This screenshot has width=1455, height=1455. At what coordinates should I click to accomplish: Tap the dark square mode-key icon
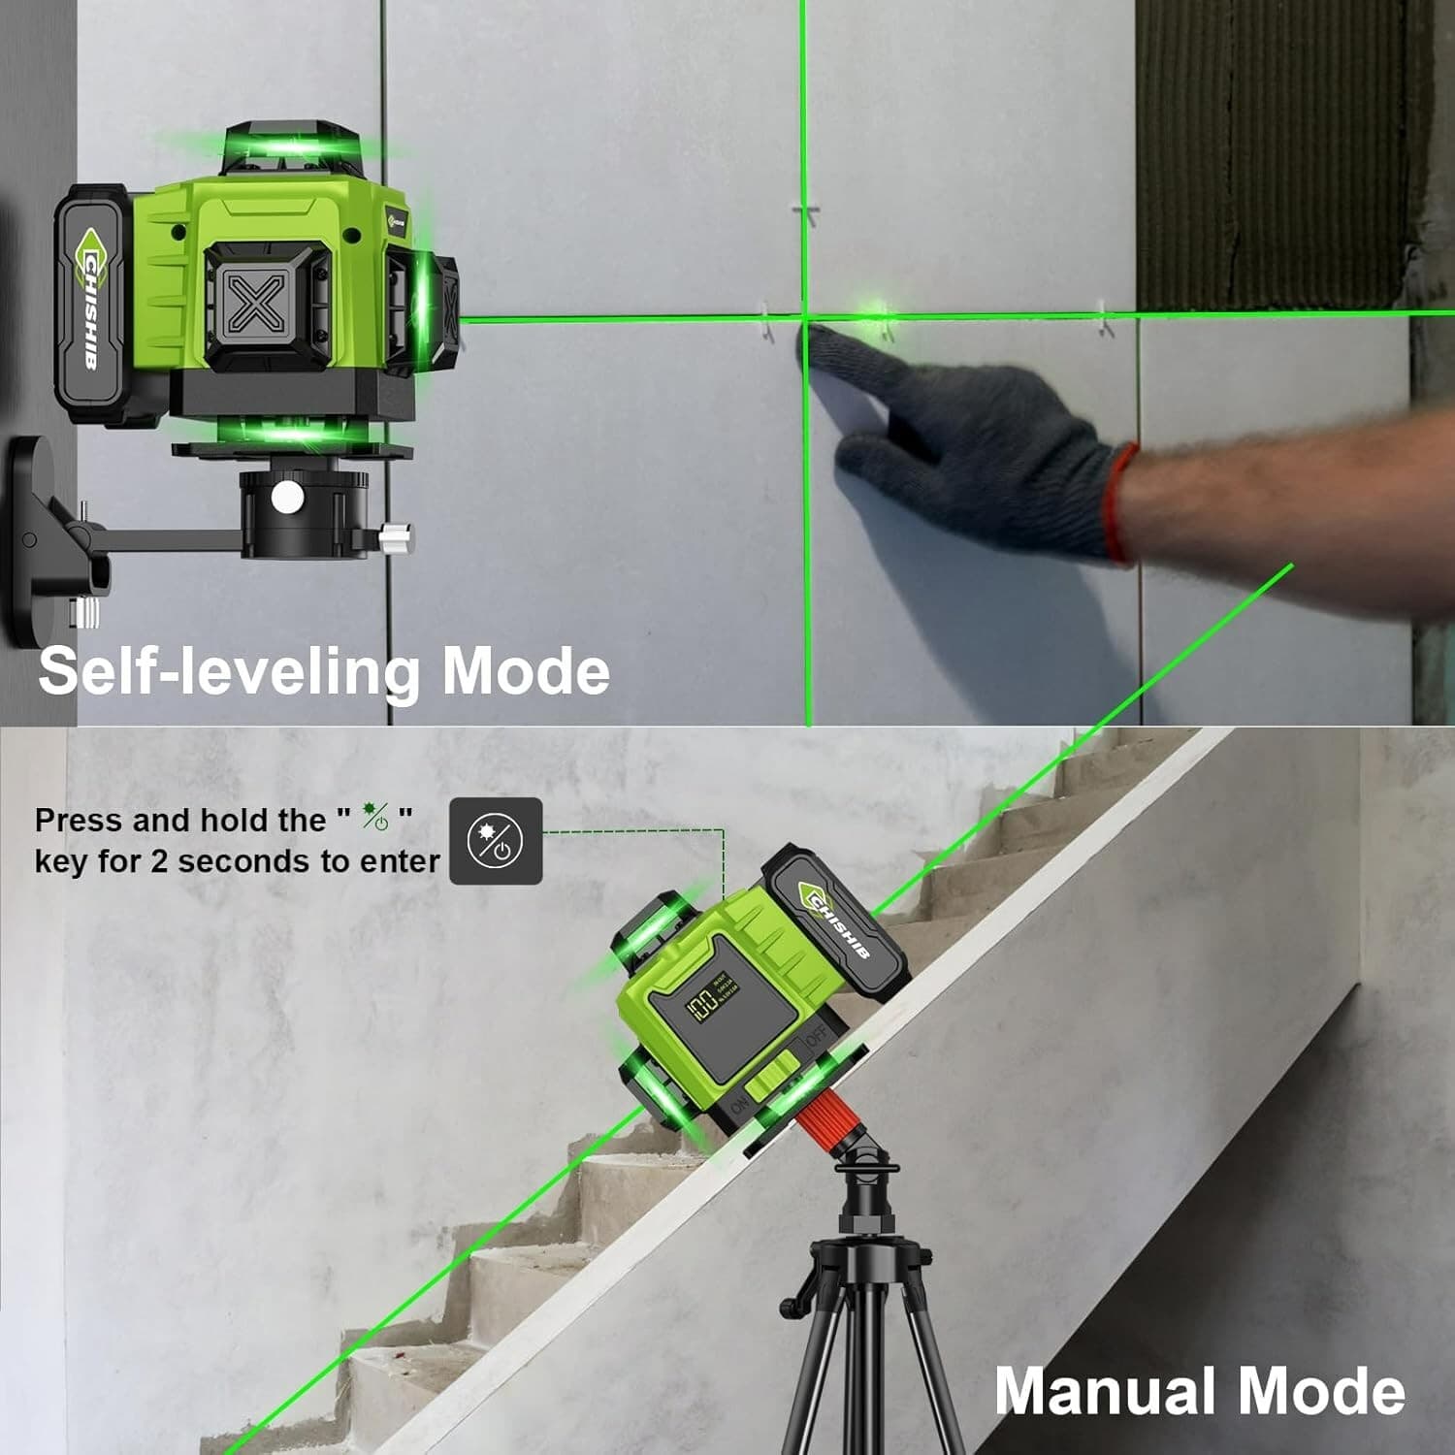496,840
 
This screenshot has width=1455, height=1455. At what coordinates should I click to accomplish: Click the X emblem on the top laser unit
256,304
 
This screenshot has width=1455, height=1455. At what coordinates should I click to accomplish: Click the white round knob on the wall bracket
287,498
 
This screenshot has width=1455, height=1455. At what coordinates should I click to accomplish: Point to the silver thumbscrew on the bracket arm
396,534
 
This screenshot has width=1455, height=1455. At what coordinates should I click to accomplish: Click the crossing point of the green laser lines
804,316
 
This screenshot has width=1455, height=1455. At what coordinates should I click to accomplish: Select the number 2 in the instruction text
159,861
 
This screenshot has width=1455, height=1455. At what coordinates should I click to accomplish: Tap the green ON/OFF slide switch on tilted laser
773,1078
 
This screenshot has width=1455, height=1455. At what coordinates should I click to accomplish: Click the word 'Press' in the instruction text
79,821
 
